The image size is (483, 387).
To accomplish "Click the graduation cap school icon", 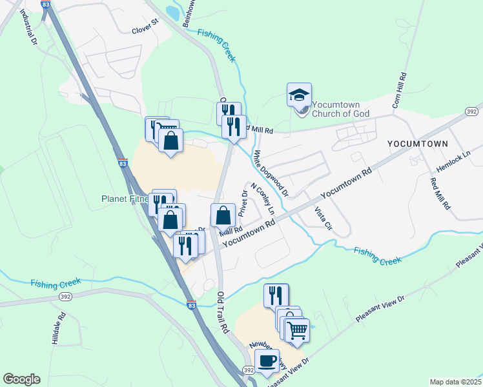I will (299, 95).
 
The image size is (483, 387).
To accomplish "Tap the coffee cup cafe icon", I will (267, 361).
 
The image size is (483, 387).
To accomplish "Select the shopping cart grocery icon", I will (296, 331).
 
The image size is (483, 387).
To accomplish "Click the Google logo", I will (22, 379).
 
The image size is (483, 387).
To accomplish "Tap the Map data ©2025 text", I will (455, 382).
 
